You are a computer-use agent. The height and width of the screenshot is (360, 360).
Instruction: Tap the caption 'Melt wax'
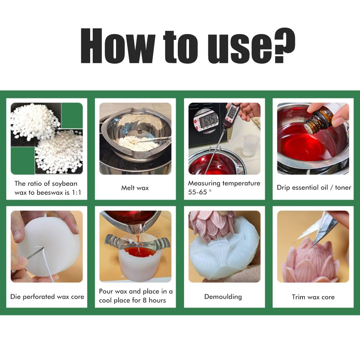[x=135, y=188]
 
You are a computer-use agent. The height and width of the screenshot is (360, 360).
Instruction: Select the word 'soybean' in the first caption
[x=65, y=184]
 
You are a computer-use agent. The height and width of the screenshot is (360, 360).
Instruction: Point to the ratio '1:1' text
[x=77, y=193]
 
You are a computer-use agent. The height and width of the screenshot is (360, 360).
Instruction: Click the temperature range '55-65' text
[x=198, y=192]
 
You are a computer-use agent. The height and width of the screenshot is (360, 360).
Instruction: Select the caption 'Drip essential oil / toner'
[x=314, y=188]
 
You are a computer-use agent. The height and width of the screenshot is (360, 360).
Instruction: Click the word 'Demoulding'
[x=223, y=297]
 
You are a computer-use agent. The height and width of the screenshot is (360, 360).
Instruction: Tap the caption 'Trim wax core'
[x=313, y=297]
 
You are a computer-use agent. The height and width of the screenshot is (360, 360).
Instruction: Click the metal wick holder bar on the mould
[x=137, y=243]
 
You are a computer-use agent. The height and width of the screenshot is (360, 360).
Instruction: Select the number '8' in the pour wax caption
[x=144, y=300]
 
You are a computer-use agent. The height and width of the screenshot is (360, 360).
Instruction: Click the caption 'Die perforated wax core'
[x=47, y=297]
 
